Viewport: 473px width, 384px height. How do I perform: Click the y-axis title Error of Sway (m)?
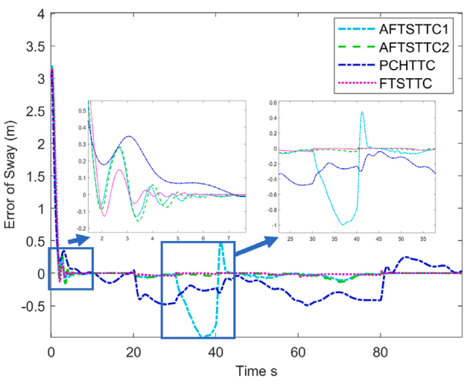[x=13, y=175]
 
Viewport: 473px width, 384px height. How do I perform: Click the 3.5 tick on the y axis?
[x=33, y=46]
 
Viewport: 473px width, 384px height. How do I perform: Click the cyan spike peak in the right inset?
[x=362, y=112]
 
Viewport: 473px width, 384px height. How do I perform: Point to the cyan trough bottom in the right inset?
[x=343, y=224]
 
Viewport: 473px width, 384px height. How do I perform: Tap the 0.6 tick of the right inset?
[x=267, y=103]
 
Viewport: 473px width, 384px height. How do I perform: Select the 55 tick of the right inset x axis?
[x=422, y=240]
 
